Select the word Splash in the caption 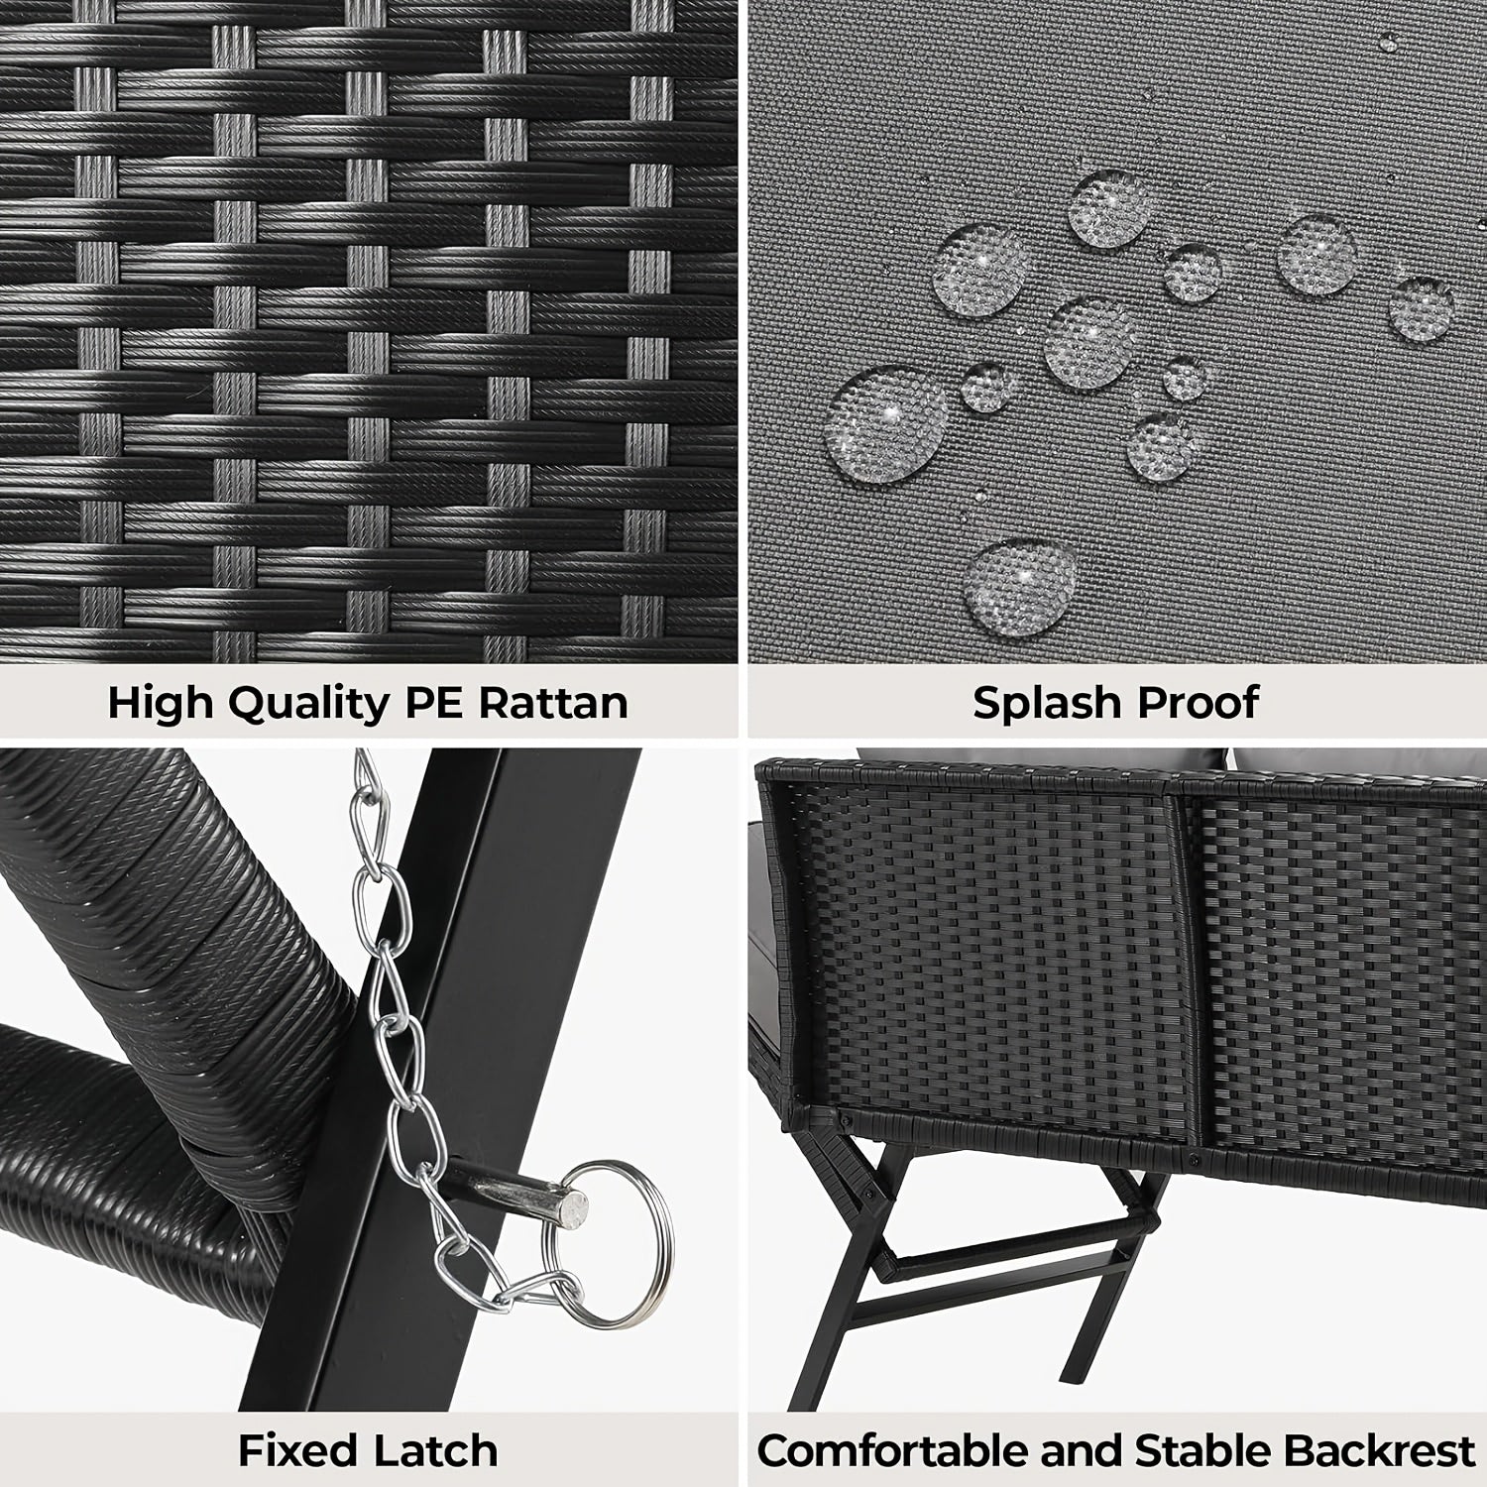tap(1045, 703)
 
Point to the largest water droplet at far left tap(886, 423)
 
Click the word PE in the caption tap(436, 703)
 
